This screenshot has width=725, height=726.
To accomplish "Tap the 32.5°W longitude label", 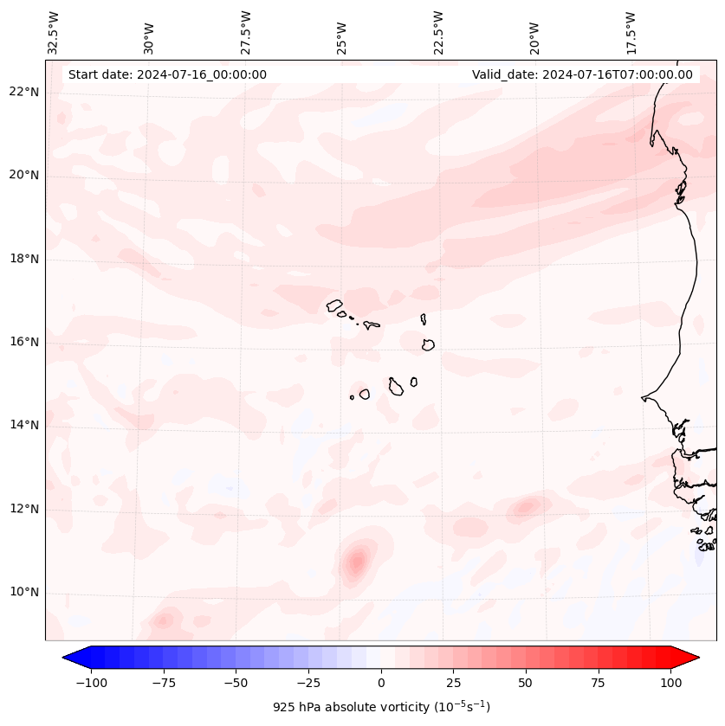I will point(54,33).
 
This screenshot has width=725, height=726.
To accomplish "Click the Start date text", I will point(167,74).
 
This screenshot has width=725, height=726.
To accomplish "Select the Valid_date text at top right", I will point(582,74).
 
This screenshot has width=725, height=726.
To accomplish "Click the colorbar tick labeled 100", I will point(670,682).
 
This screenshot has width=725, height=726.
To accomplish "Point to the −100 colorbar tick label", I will point(92,682).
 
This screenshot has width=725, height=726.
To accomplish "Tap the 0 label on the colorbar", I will point(381,682).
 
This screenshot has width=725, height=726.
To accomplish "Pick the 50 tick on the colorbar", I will point(525,682).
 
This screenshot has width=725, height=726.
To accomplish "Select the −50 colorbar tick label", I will point(236,682).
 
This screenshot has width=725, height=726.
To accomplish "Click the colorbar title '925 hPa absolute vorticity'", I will point(381,707).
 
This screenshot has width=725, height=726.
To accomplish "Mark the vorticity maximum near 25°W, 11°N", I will point(356,563).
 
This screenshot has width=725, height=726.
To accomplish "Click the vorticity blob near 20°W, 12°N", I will point(525,507).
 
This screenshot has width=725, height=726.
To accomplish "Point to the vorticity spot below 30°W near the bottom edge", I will point(163,620).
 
